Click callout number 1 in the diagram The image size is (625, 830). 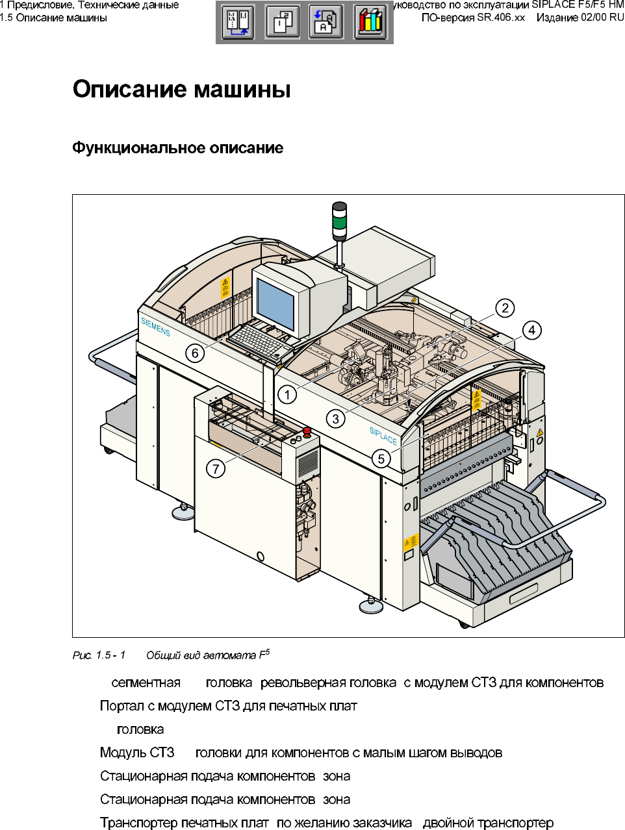click(287, 394)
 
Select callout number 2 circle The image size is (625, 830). click(505, 308)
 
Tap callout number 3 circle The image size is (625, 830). click(335, 418)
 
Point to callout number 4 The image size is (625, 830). click(531, 330)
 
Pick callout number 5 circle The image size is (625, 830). click(381, 459)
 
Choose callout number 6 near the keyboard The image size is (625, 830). click(195, 353)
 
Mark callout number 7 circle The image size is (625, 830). click(216, 468)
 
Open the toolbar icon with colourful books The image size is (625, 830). click(370, 23)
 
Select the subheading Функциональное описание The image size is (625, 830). click(177, 148)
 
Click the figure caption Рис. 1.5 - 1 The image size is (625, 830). click(99, 655)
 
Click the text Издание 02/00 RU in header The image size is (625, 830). click(580, 18)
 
